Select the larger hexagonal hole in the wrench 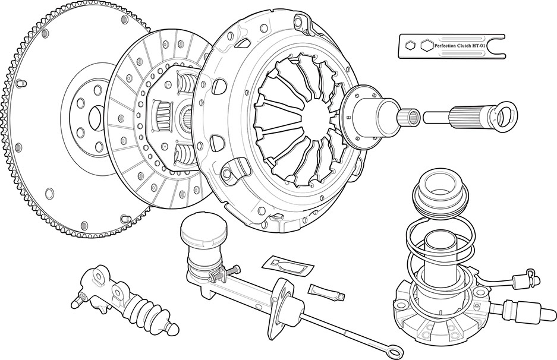pos(425,45)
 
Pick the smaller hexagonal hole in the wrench pos(410,45)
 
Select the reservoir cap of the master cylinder pos(204,228)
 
